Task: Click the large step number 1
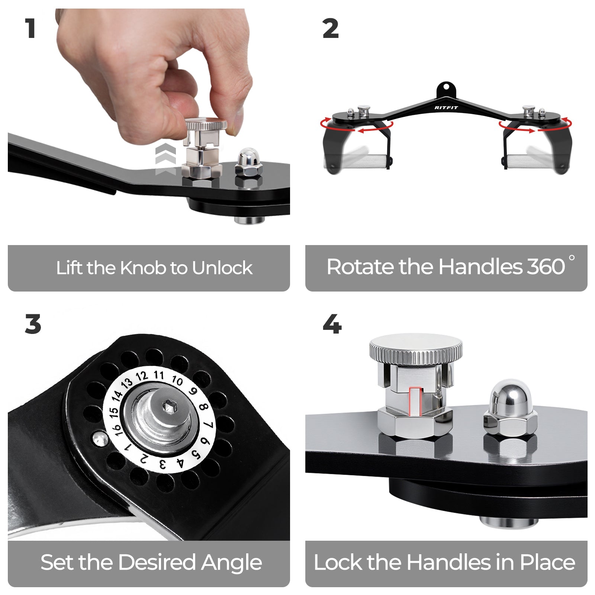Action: click(30, 28)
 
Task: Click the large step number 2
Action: click(331, 29)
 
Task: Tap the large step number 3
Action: click(33, 324)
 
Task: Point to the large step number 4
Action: click(332, 324)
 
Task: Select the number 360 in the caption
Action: click(546, 267)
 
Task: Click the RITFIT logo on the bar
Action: click(446, 107)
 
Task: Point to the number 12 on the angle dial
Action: click(142, 376)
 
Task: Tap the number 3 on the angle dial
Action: click(162, 464)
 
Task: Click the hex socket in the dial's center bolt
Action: click(170, 406)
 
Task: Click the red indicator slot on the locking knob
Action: click(415, 401)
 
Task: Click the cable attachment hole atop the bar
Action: click(446, 88)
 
